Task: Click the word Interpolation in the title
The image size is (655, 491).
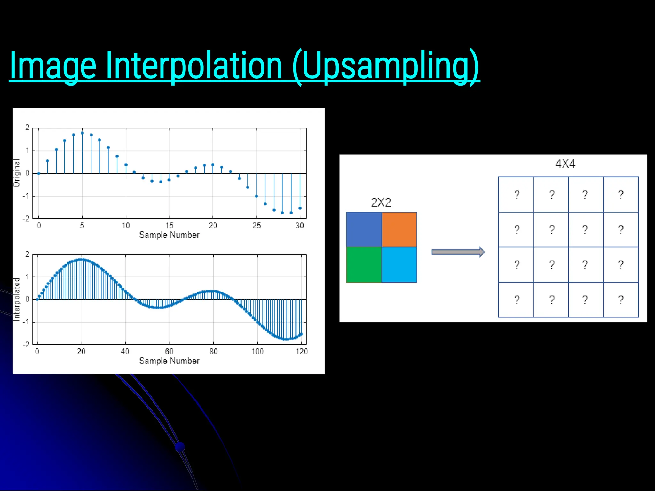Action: coord(194,66)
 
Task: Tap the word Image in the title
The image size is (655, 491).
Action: coord(53,66)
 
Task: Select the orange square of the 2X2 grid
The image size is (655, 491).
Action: coord(399,229)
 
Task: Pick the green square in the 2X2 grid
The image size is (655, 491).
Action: coord(364,265)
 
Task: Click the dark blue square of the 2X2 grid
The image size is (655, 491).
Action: coord(364,229)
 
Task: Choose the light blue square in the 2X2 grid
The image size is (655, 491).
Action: coord(399,265)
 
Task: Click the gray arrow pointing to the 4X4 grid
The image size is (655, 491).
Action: coord(458,252)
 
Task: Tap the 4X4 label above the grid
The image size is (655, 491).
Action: coord(565,164)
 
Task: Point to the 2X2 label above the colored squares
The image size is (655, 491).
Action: coord(381,202)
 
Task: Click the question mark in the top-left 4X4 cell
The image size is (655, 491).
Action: coord(517,194)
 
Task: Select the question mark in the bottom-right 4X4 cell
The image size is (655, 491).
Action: coord(620,300)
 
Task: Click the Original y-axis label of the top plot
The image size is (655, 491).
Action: coord(16,173)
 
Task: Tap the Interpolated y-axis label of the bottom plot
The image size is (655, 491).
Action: coord(16,299)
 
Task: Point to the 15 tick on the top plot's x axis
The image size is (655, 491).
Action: coord(169,226)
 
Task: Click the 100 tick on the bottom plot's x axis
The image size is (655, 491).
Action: coord(257,352)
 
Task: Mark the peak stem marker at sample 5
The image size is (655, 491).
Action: coord(82,133)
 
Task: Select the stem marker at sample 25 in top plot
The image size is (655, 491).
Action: coord(256,196)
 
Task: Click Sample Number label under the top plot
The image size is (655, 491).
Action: coord(169,235)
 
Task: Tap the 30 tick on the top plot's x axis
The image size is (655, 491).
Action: coord(300,226)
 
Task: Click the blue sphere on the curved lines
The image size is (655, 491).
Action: coord(180,447)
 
